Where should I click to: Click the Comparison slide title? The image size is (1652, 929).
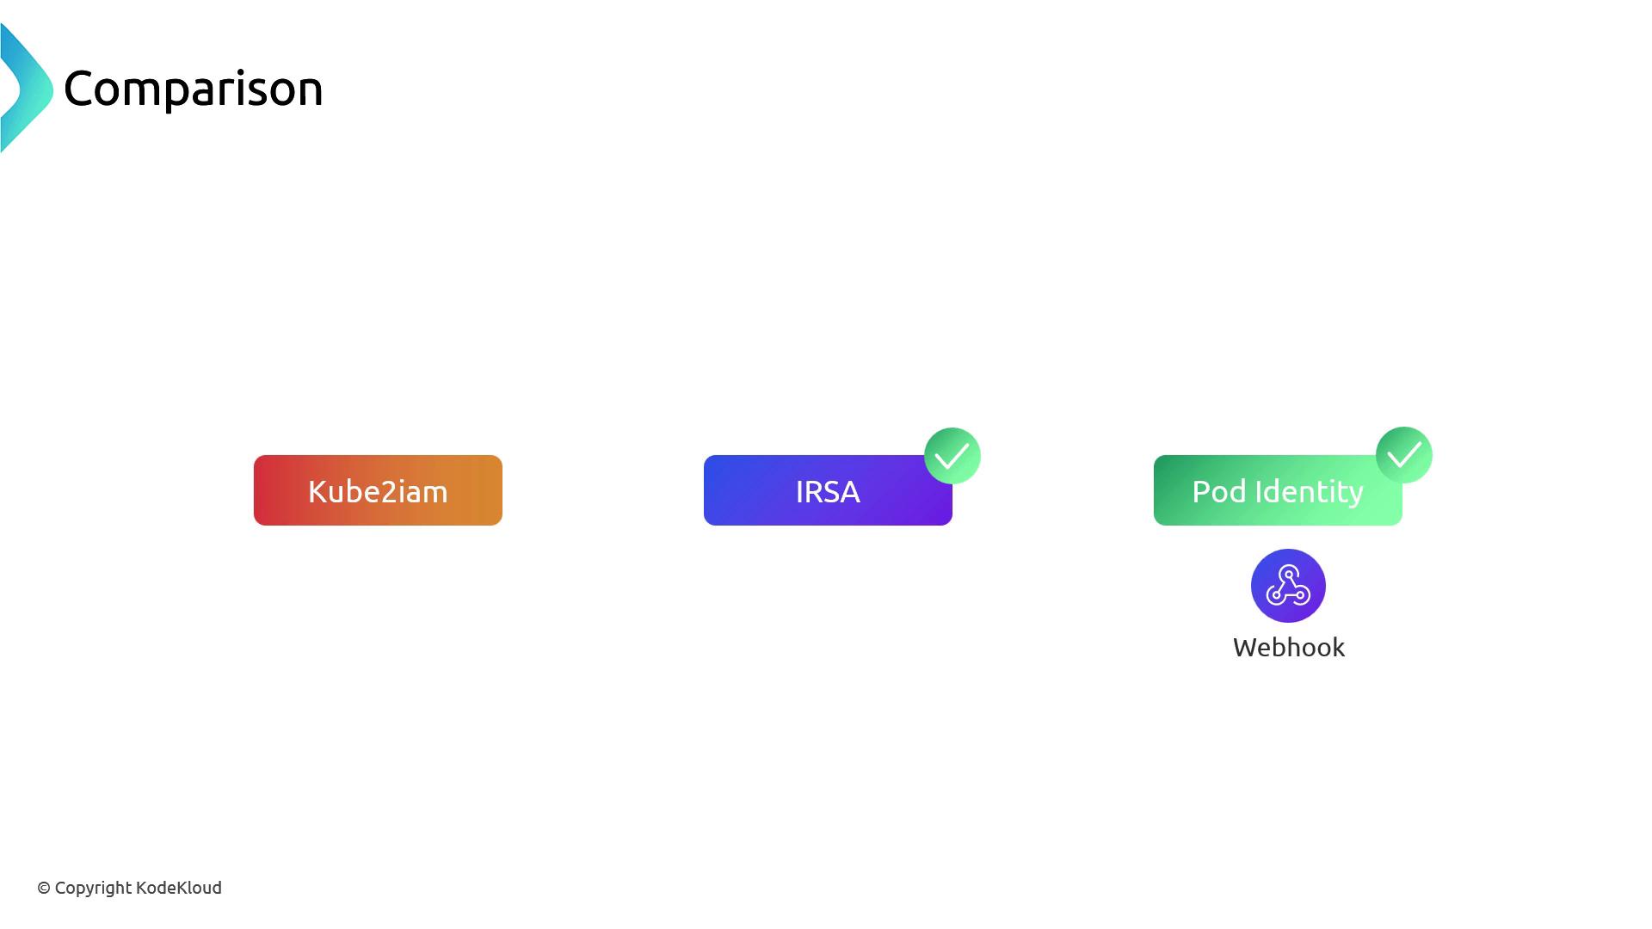pyautogui.click(x=193, y=89)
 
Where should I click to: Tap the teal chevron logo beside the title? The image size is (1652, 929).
pyautogui.click(x=26, y=89)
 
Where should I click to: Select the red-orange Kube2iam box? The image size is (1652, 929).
pyautogui.click(x=378, y=490)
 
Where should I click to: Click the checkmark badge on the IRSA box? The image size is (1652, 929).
pyautogui.click(x=952, y=456)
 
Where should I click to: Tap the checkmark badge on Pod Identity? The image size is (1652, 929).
pyautogui.click(x=1403, y=455)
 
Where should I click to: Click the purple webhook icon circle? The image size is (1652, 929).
pyautogui.click(x=1288, y=586)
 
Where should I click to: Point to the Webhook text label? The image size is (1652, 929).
pyautogui.click(x=1288, y=648)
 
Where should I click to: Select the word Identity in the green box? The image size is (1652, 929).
pyautogui.click(x=1309, y=492)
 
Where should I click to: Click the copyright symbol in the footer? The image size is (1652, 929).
pyautogui.click(x=44, y=889)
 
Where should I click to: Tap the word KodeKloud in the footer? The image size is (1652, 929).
pyautogui.click(x=178, y=888)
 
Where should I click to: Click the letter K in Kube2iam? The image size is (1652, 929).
pyautogui.click(x=317, y=492)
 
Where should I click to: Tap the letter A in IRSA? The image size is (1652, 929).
pyautogui.click(x=848, y=492)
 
